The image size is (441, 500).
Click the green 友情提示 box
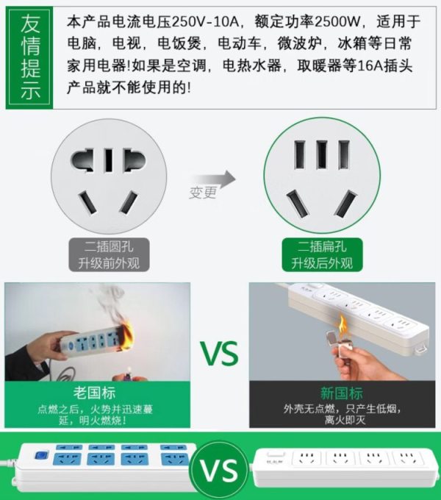pos(29,57)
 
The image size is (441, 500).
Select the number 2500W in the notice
pos(337,22)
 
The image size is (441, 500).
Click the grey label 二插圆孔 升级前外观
pos(109,255)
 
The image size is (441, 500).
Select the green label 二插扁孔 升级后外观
pos(322,255)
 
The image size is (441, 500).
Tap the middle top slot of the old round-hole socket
pos(109,160)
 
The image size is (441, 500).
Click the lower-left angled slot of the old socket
pos(87,202)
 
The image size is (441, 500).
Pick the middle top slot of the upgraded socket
pos(322,155)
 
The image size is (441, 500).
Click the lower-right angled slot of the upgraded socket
pos(345,204)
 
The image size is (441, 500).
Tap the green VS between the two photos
pos(220,354)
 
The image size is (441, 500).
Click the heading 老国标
pos(94,393)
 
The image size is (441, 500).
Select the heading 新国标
pos(342,393)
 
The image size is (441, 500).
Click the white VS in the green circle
pos(218,471)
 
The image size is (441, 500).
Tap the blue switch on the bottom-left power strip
pos(40,456)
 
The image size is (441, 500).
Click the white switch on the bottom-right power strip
pos(276,454)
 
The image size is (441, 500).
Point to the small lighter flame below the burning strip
pos(129,370)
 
